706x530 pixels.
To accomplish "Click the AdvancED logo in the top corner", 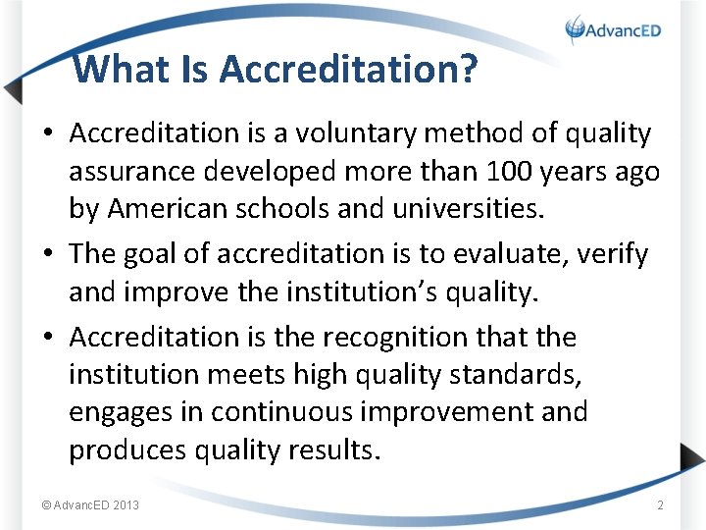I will [614, 29].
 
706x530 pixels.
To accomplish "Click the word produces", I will [126, 450].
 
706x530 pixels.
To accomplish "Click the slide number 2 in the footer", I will [660, 505].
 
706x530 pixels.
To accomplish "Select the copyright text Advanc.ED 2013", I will [90, 505].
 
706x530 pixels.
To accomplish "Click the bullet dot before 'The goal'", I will [48, 254].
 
